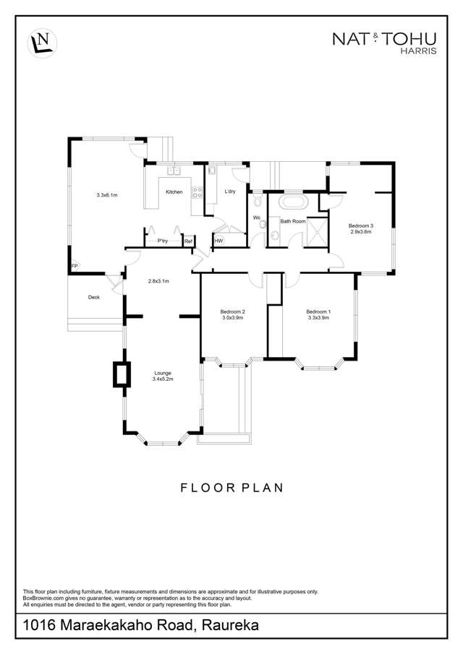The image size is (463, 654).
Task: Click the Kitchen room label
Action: pyautogui.click(x=174, y=192)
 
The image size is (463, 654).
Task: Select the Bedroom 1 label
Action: pyautogui.click(x=318, y=311)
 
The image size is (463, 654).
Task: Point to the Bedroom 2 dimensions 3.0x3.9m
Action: pyautogui.click(x=231, y=317)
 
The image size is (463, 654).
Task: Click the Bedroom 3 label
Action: pyautogui.click(x=361, y=226)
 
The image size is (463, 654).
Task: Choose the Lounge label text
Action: pyautogui.click(x=163, y=374)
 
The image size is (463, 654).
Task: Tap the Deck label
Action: pyautogui.click(x=94, y=298)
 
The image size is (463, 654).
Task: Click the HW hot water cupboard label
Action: pyautogui.click(x=218, y=241)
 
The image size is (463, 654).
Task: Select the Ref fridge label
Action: pyautogui.click(x=188, y=241)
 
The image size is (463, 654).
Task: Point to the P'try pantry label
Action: pyautogui.click(x=163, y=241)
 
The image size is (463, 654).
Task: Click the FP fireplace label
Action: pyautogui.click(x=75, y=266)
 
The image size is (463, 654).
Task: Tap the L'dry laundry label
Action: pyautogui.click(x=230, y=192)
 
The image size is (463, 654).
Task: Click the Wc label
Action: pyautogui.click(x=257, y=218)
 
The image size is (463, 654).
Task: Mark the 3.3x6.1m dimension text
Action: pyautogui.click(x=107, y=195)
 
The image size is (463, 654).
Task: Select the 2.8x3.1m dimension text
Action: pyautogui.click(x=158, y=281)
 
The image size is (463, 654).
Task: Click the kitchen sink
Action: pyautogui.click(x=173, y=170)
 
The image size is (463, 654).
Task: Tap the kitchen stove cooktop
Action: pyautogui.click(x=197, y=192)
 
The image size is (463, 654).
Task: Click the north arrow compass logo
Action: pyautogui.click(x=42, y=43)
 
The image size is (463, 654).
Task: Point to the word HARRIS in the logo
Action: pyautogui.click(x=418, y=51)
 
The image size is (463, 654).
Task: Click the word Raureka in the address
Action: pyautogui.click(x=230, y=625)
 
